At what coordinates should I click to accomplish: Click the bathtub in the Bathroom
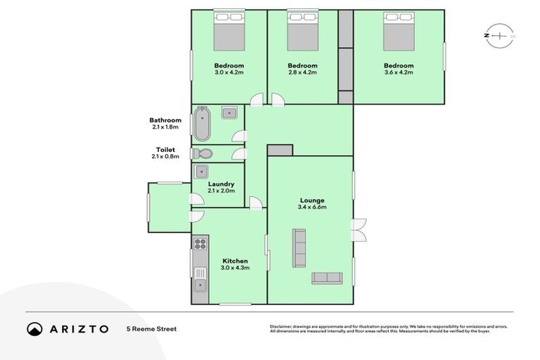pyautogui.click(x=202, y=124)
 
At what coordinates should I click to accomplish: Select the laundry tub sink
pyautogui.click(x=202, y=170)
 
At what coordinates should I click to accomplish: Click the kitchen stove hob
pyautogui.click(x=200, y=245)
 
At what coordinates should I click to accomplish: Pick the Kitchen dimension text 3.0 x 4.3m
pyautogui.click(x=235, y=268)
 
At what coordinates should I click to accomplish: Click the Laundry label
pyautogui.click(x=221, y=184)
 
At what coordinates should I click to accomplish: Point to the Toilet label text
pyautogui.click(x=165, y=149)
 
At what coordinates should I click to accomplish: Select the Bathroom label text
pyautogui.click(x=165, y=120)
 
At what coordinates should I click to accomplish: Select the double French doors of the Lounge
pyautogui.click(x=358, y=229)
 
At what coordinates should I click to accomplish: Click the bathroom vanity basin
pyautogui.click(x=229, y=112)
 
